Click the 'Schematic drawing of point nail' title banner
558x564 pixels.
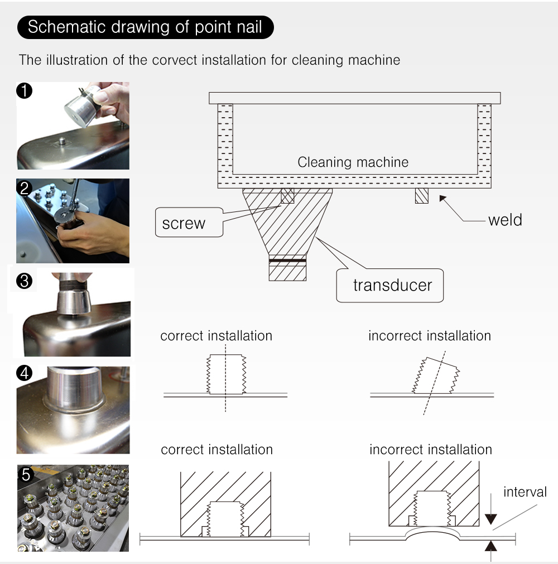tap(145, 27)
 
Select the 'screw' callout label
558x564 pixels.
tap(189, 222)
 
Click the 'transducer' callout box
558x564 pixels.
tap(389, 285)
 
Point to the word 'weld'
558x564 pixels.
tap(505, 220)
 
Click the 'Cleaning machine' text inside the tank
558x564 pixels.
tap(353, 162)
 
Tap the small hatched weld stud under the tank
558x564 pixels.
tap(422, 196)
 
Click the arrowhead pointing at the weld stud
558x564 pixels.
tap(442, 199)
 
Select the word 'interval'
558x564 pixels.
tap(525, 491)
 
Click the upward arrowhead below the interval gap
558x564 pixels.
tap(490, 546)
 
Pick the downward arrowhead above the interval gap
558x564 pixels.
tap(490, 519)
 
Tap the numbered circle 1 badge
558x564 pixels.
tap(25, 90)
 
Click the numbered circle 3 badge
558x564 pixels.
tap(25, 281)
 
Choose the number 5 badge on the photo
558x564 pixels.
tap(26, 474)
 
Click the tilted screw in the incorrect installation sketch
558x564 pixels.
tap(436, 375)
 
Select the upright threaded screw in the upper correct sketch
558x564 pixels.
tap(226, 374)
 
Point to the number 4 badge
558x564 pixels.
tap(25, 373)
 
